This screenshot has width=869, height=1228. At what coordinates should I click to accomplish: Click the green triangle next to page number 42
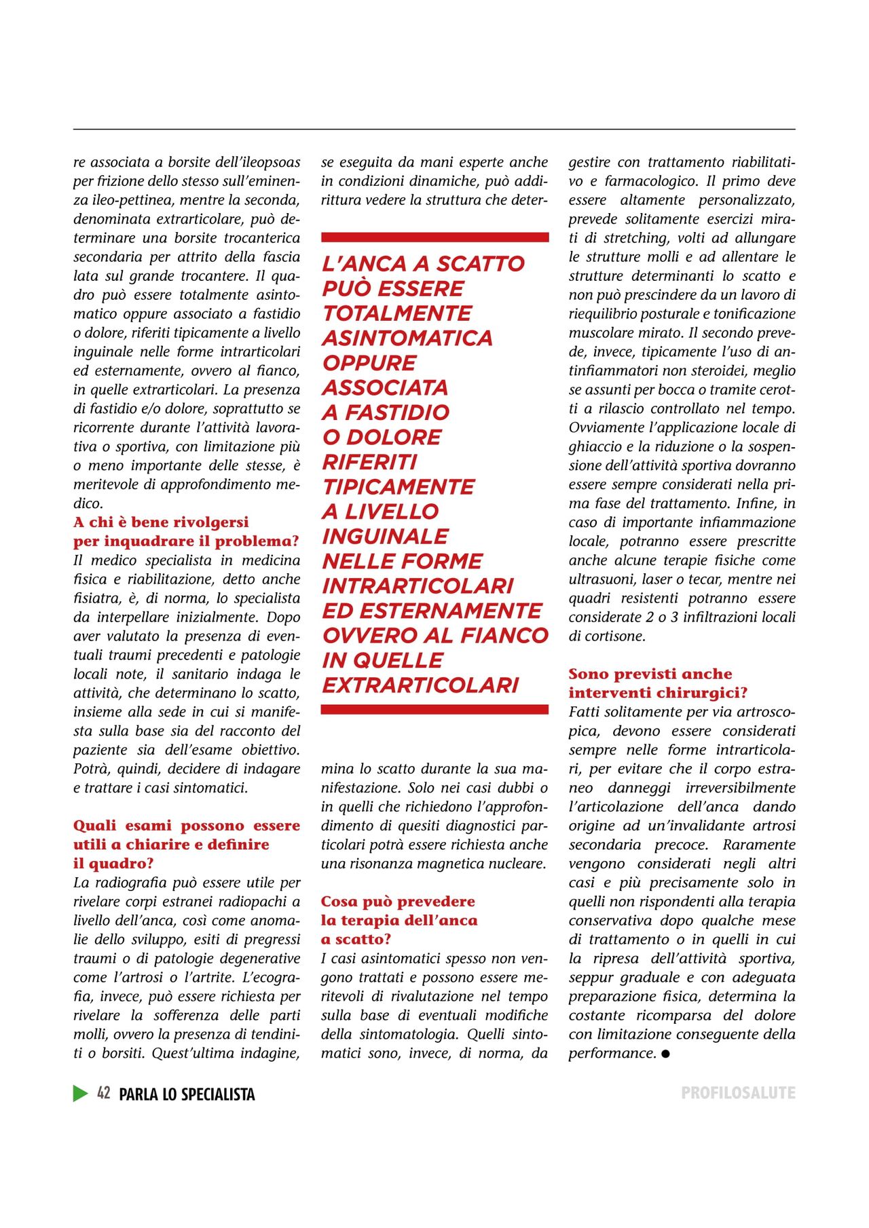tap(80, 1093)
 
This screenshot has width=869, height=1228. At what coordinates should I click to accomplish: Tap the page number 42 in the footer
tap(103, 1093)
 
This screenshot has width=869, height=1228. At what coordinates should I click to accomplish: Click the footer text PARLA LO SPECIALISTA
tap(187, 1094)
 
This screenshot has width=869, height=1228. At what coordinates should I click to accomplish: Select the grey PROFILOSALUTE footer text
tap(738, 1093)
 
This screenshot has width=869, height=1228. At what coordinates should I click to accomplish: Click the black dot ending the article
tap(665, 1054)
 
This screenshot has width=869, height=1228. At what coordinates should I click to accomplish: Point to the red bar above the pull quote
tap(434, 237)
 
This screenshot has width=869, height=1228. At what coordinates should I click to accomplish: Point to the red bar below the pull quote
tap(434, 709)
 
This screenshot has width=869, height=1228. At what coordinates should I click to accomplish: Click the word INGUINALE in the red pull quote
tap(385, 537)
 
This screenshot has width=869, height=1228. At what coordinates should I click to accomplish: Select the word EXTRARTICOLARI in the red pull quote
tap(420, 685)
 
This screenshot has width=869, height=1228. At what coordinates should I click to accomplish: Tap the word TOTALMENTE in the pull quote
tap(396, 313)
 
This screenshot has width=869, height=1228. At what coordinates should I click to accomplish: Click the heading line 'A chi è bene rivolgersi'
tap(161, 522)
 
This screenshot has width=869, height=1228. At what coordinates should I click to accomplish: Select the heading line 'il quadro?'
tap(113, 864)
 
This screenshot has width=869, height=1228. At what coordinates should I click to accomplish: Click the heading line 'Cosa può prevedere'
tap(398, 902)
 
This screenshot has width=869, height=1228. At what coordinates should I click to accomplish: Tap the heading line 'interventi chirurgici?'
tap(658, 693)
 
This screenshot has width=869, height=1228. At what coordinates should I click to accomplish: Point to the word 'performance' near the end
tap(612, 1054)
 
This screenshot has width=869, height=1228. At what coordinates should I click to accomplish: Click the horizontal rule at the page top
tap(434, 129)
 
